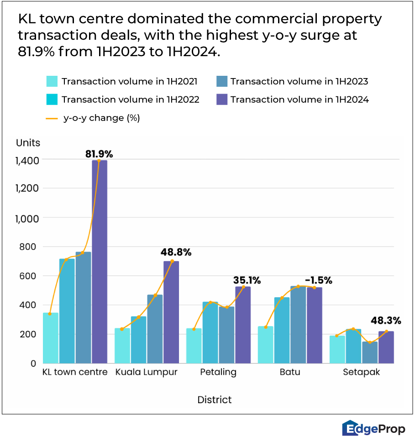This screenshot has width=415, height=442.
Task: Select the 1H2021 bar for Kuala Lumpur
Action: tap(122, 346)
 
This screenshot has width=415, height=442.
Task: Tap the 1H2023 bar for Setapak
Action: tap(370, 352)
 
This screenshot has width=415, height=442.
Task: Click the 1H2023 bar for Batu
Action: tap(298, 325)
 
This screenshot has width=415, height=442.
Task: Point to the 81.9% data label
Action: tap(99, 154)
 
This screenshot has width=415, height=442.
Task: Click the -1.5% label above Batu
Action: tap(318, 280)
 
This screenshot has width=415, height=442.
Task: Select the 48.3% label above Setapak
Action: tap(387, 321)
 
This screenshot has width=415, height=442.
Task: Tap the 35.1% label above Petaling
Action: tap(247, 280)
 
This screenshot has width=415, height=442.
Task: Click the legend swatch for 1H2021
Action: tap(52, 82)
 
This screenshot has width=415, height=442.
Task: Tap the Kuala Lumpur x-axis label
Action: tap(146, 372)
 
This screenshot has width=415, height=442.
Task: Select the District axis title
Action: tap(214, 400)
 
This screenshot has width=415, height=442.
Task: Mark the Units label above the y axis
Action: tap(28, 142)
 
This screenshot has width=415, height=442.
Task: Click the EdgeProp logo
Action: tap(373, 429)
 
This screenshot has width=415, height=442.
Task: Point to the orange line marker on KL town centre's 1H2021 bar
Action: tap(50, 314)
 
